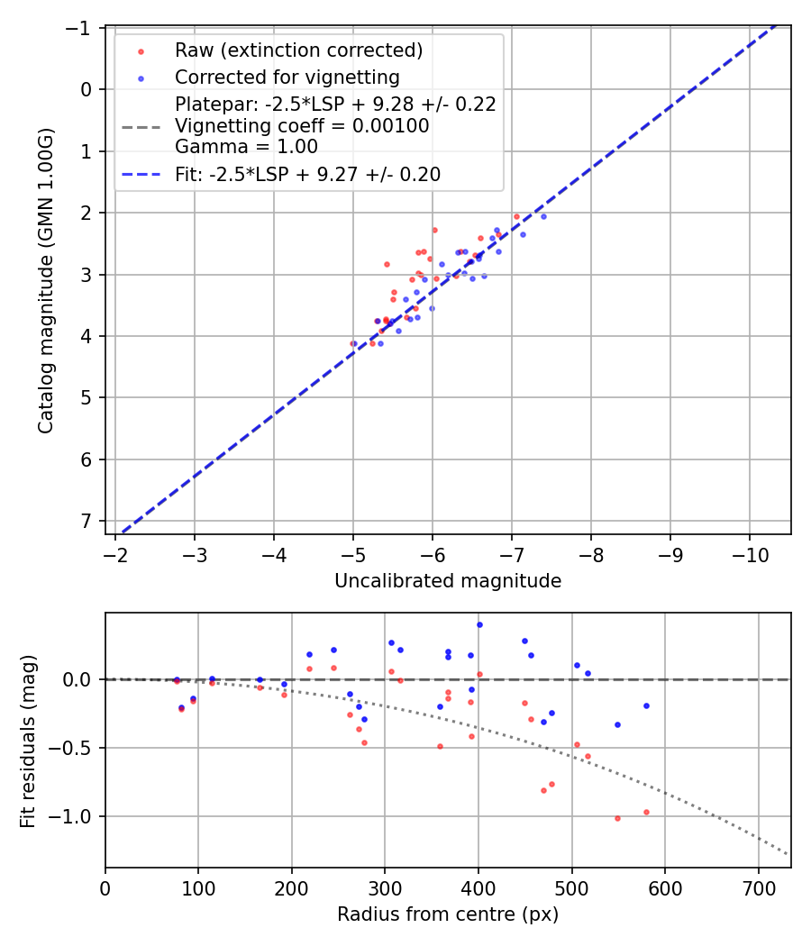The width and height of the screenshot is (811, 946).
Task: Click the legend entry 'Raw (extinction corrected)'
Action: pyautogui.click(x=298, y=50)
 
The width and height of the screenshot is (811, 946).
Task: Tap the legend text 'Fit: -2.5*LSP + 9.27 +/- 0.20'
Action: pyautogui.click(x=307, y=175)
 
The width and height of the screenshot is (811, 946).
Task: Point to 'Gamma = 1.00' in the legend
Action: pyautogui.click(x=246, y=146)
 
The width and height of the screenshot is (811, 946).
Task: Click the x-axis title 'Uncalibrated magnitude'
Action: pyautogui.click(x=448, y=581)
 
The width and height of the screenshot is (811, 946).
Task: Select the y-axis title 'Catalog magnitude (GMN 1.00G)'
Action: pyautogui.click(x=45, y=280)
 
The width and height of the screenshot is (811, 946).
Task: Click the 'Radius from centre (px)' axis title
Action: pyautogui.click(x=448, y=914)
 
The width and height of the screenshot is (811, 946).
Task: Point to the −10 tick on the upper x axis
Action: pyautogui.click(x=750, y=552)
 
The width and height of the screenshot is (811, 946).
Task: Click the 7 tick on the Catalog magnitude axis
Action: pyautogui.click(x=87, y=522)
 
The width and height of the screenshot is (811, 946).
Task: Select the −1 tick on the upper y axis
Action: pyautogui.click(x=82, y=28)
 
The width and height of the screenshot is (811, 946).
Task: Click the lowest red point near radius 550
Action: pyautogui.click(x=617, y=818)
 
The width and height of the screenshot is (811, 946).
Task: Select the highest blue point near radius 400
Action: pyautogui.click(x=479, y=624)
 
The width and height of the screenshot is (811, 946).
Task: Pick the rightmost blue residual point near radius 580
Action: pyautogui.click(x=646, y=705)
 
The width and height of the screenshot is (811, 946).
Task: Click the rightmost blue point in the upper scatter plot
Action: pyautogui.click(x=543, y=216)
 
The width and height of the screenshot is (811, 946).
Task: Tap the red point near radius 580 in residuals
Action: pyautogui.click(x=646, y=812)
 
